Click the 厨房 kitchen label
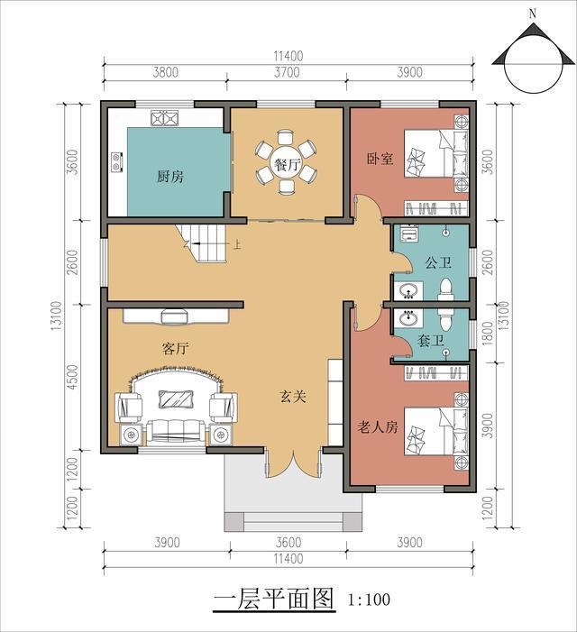point(170,177)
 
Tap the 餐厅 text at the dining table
point(288,165)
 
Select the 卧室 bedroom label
point(380,159)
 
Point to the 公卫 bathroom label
point(438,264)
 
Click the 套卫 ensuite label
point(431,343)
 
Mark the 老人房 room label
point(378,427)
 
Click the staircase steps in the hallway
point(205,243)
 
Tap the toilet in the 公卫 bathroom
point(444,289)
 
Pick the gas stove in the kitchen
point(165,117)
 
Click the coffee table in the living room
point(175,398)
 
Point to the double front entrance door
point(289,469)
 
